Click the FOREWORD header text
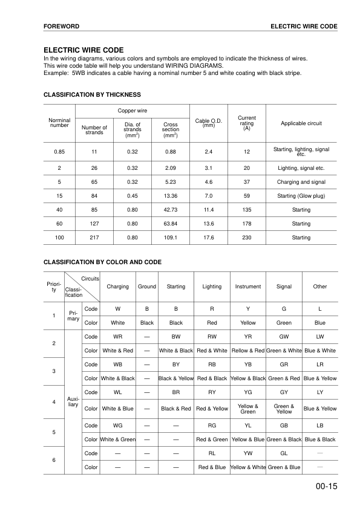(x=62, y=27)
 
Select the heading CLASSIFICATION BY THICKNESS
(x=92, y=94)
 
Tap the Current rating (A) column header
(x=246, y=123)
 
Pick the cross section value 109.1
(x=171, y=238)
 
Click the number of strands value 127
(x=94, y=224)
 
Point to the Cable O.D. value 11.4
(x=209, y=210)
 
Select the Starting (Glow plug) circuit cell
(x=301, y=196)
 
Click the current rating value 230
(x=246, y=238)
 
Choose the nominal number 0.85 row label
(x=59, y=151)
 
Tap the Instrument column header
(x=248, y=287)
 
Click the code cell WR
(x=118, y=336)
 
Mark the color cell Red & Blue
(x=212, y=467)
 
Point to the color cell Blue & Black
(x=320, y=439)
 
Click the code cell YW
(x=248, y=453)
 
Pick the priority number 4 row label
(x=54, y=401)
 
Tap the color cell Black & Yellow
(x=176, y=378)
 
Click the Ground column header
(x=147, y=287)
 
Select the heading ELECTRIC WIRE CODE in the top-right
(x=304, y=27)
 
